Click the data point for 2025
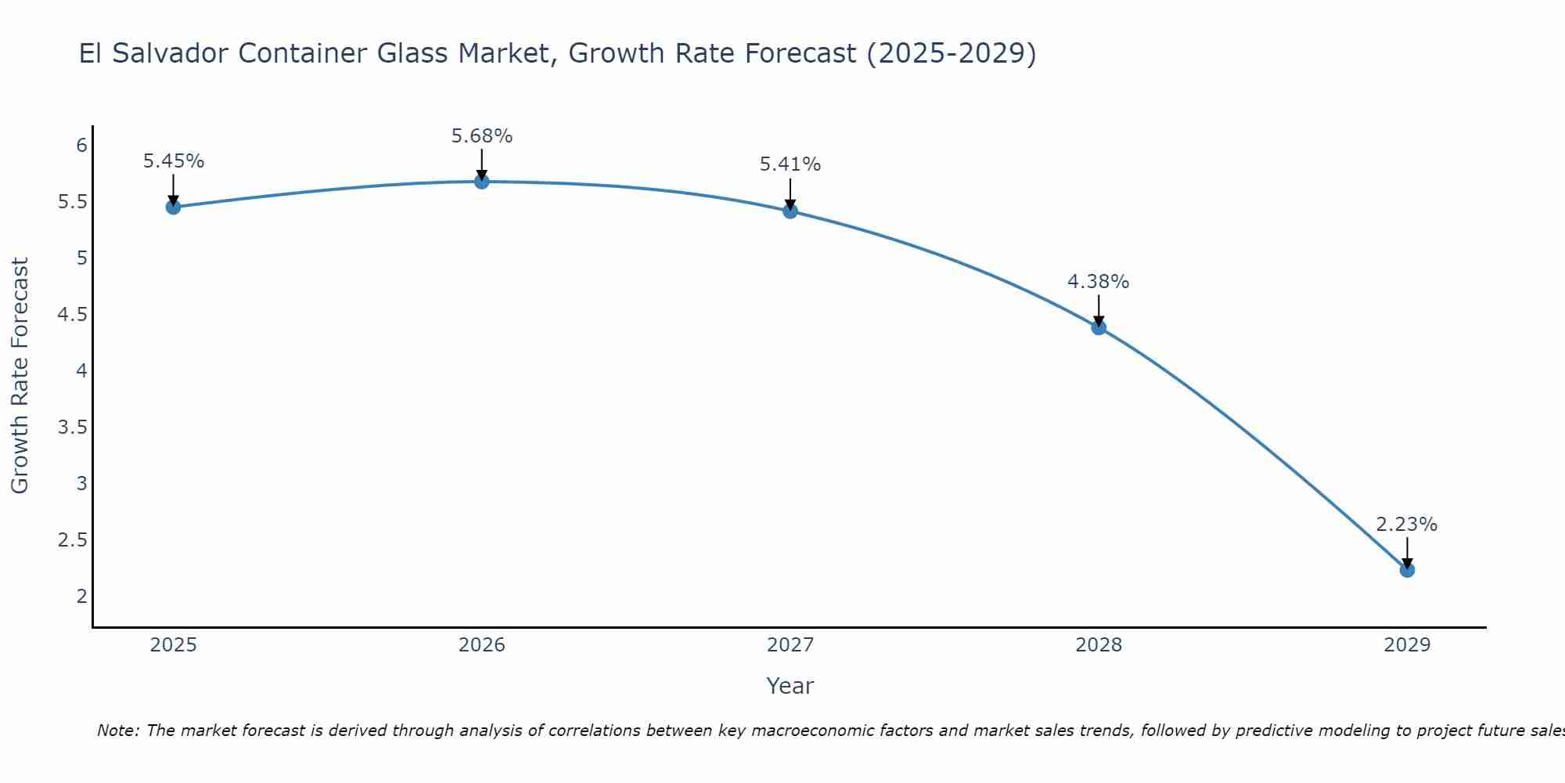[x=173, y=207]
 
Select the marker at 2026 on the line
[x=482, y=182]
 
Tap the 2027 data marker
[x=790, y=211]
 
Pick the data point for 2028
[x=1099, y=327]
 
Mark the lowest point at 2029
[x=1407, y=570]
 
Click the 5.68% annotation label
[x=482, y=136]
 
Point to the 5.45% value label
[x=174, y=161]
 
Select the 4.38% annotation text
[x=1099, y=282]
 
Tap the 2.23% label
[x=1407, y=525]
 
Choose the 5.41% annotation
[x=790, y=164]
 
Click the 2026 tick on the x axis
[x=482, y=645]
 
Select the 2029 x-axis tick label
[x=1407, y=645]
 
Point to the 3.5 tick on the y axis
[x=72, y=427]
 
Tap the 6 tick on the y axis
[x=81, y=145]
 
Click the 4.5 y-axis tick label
[x=72, y=314]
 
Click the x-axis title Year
[x=790, y=686]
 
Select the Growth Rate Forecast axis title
[x=20, y=376]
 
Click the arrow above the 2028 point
[x=1099, y=310]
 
